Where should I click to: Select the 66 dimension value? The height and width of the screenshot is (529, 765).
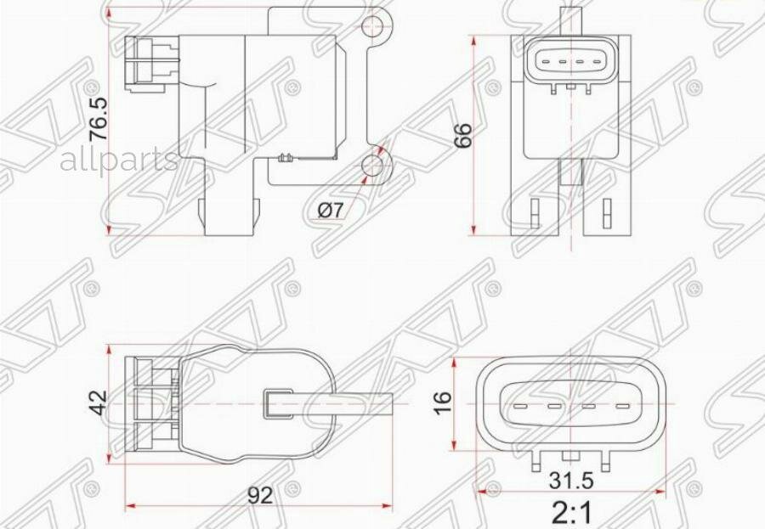(462, 135)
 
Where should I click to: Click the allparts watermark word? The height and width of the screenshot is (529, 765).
(119, 160)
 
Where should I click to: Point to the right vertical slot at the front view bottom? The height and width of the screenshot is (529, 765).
(608, 212)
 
